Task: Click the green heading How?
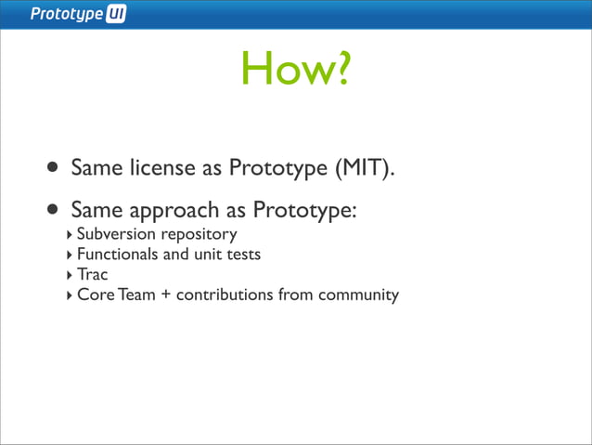point(296,68)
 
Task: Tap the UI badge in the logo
point(116,15)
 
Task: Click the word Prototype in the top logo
point(67,15)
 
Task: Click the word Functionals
point(118,254)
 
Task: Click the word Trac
point(93,274)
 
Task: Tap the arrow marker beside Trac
point(69,275)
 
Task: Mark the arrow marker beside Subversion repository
point(69,234)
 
